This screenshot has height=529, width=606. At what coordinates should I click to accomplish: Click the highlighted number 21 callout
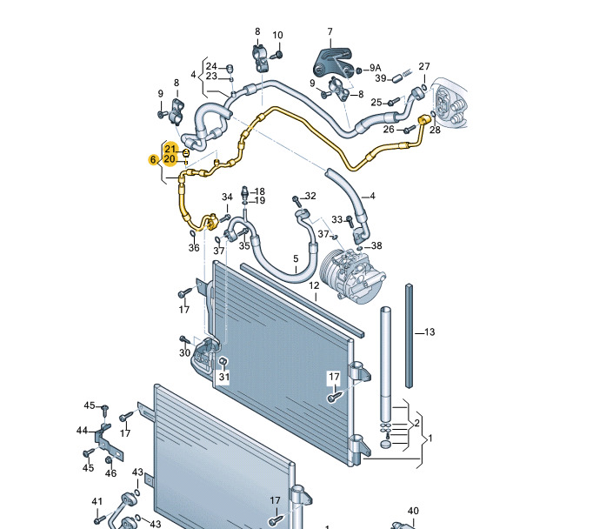click(170, 149)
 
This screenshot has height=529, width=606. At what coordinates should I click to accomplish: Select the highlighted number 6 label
click(153, 159)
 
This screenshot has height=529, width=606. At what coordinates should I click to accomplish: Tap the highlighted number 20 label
click(170, 159)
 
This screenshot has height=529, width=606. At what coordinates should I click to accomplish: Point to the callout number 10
click(278, 36)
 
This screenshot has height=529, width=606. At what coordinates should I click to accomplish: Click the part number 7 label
click(330, 32)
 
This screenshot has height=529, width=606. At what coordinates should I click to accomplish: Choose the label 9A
click(376, 68)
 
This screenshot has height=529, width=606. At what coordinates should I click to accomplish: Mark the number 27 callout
click(424, 66)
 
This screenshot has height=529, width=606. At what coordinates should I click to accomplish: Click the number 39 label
click(380, 77)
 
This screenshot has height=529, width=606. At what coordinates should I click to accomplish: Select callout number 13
click(430, 332)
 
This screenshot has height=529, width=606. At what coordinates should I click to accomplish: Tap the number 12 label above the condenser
click(314, 285)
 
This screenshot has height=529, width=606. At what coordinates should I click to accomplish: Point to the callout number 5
click(296, 258)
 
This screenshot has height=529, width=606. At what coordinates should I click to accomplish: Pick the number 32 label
click(310, 197)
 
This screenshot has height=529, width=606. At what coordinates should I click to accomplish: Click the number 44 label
click(82, 430)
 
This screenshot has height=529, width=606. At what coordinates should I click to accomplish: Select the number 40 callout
click(413, 511)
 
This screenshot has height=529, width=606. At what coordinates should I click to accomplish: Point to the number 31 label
click(224, 377)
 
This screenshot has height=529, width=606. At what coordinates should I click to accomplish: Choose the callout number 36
click(194, 248)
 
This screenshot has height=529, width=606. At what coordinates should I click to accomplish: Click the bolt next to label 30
click(184, 338)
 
